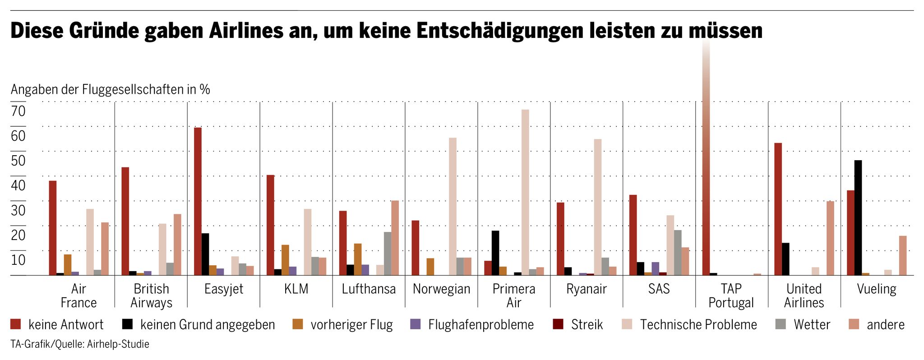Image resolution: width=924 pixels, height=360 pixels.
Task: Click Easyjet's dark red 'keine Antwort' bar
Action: [x=198, y=201]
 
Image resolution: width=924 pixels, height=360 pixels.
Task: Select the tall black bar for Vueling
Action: [x=858, y=217]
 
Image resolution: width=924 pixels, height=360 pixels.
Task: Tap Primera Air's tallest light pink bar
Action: [x=525, y=192]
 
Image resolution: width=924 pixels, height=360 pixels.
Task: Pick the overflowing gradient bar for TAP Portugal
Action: [x=706, y=158]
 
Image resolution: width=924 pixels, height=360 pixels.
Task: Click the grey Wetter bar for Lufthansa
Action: [x=388, y=254]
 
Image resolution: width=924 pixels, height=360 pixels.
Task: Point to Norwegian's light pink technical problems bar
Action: [x=453, y=206]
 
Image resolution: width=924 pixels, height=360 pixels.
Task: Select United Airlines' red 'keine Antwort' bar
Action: [x=778, y=209]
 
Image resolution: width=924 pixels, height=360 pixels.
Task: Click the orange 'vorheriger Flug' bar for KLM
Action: [x=285, y=260]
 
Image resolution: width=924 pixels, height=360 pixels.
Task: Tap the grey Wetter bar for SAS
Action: [x=678, y=253]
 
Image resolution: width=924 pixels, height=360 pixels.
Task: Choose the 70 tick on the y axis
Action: [x=18, y=111]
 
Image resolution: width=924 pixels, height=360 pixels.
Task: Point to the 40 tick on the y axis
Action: [x=18, y=185]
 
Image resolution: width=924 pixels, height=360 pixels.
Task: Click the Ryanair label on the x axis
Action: [x=587, y=289]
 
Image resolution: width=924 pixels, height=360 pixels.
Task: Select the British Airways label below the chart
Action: [x=152, y=296]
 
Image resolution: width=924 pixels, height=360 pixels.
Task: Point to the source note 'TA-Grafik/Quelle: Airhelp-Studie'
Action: [x=80, y=344]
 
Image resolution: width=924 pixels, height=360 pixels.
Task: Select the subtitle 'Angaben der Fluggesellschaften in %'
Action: [x=111, y=89]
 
